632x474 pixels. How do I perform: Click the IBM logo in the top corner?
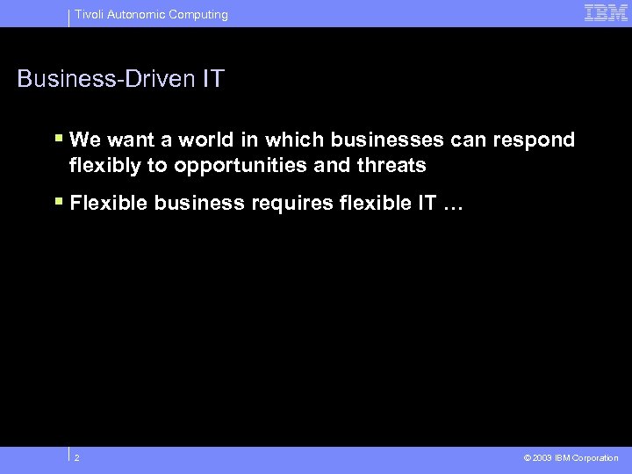[606, 12]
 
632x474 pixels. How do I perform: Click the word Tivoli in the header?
[88, 14]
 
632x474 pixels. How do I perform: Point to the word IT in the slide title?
[212, 79]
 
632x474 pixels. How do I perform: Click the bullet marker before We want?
[59, 139]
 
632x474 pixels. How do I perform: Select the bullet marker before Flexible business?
[59, 202]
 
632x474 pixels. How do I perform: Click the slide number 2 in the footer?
[77, 457]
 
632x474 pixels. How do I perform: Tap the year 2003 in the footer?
[542, 458]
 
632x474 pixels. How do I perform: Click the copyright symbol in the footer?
[526, 458]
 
